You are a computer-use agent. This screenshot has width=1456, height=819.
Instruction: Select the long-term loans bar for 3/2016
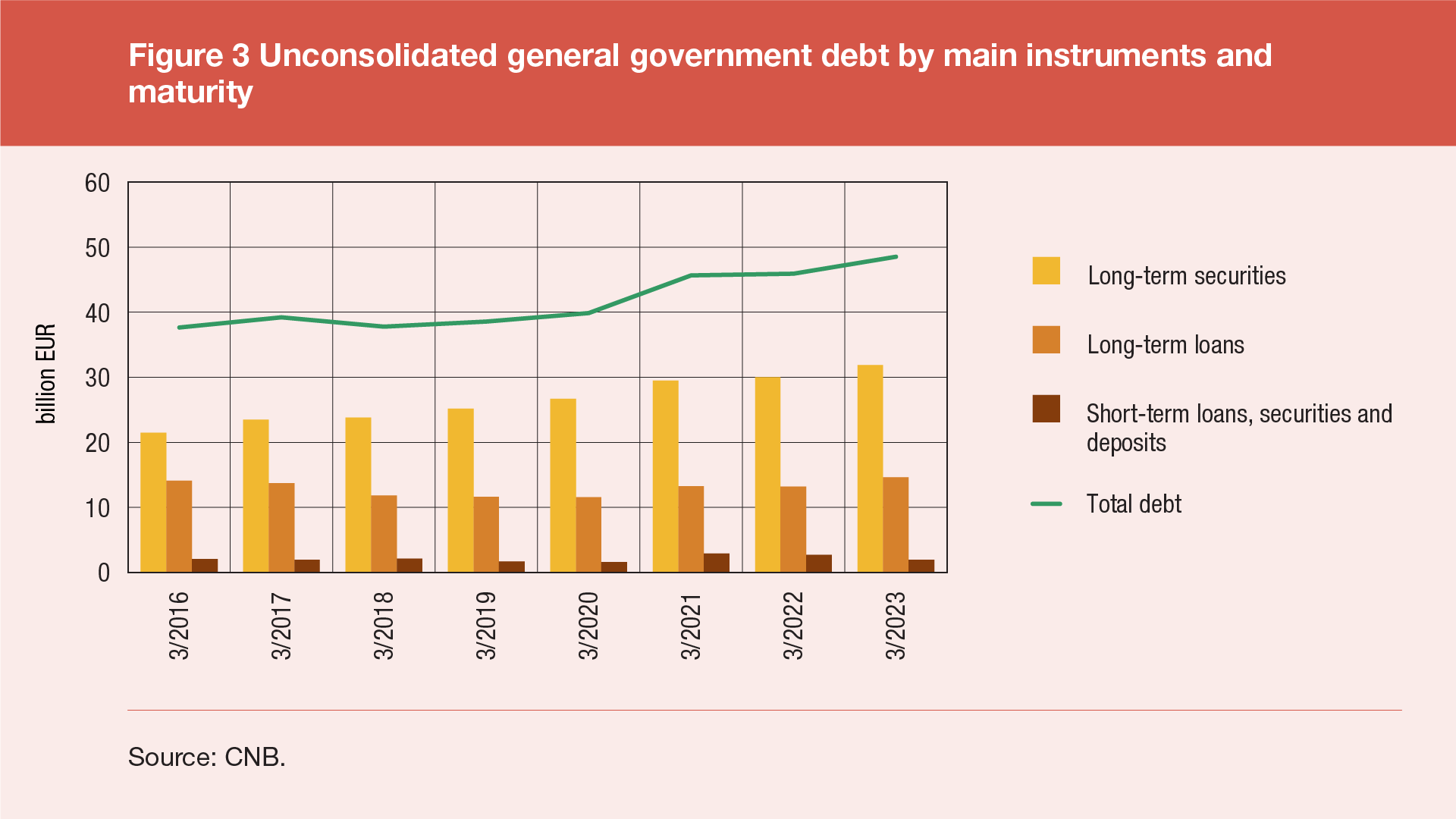click(x=179, y=526)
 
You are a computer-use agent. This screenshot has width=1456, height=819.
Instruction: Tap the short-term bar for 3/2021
click(x=717, y=563)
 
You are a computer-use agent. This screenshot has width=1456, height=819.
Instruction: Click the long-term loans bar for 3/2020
click(x=588, y=535)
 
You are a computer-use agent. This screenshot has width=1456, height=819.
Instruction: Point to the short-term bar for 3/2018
click(x=409, y=565)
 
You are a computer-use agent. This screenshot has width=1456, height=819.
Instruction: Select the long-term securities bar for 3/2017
click(x=256, y=496)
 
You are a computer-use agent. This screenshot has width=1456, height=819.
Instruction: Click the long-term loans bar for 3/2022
click(x=793, y=529)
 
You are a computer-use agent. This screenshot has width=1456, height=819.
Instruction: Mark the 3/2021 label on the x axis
click(x=691, y=626)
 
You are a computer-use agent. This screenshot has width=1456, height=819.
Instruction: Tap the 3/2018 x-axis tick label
click(x=384, y=626)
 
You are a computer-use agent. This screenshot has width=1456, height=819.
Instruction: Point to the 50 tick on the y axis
click(x=98, y=248)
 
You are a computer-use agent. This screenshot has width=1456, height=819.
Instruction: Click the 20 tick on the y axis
click(x=98, y=443)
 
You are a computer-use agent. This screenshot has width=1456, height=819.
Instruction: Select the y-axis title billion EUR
click(x=46, y=374)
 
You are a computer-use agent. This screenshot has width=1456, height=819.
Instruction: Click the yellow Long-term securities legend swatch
click(x=1046, y=271)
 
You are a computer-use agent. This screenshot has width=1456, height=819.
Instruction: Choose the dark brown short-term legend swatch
click(x=1046, y=409)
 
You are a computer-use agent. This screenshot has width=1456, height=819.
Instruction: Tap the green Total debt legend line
click(x=1046, y=504)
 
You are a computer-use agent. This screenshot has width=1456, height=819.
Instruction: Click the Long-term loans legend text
click(x=1166, y=345)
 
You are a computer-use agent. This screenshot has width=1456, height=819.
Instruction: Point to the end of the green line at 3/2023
click(x=896, y=257)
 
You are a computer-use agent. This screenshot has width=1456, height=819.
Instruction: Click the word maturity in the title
click(x=190, y=93)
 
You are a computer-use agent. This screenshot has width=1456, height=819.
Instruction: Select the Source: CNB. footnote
click(x=206, y=757)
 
